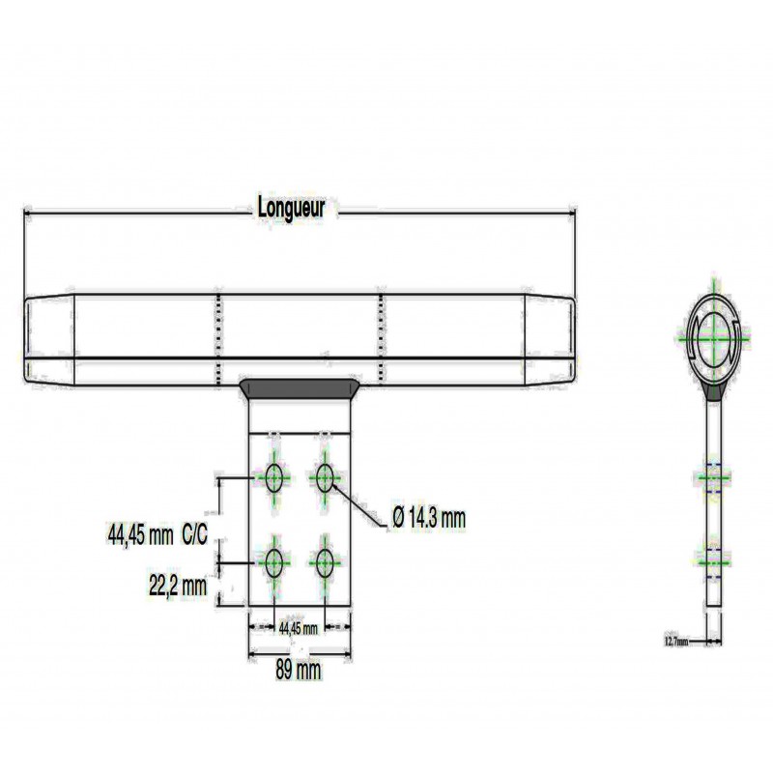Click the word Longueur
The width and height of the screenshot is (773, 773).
pos(292,209)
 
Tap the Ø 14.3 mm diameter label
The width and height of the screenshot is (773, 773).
pos(429,518)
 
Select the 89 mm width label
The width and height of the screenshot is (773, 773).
pos(298,670)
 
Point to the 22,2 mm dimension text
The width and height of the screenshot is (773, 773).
pos(178,587)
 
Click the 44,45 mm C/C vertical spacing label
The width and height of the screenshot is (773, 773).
pos(157,534)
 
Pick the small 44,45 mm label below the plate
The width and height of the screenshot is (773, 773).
pos(299,629)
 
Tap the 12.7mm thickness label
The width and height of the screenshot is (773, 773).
pos(675,642)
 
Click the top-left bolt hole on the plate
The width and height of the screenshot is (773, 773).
pos(274,477)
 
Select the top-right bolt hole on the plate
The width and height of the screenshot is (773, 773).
pos(325,477)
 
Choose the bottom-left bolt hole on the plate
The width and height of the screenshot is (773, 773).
pos(274,562)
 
